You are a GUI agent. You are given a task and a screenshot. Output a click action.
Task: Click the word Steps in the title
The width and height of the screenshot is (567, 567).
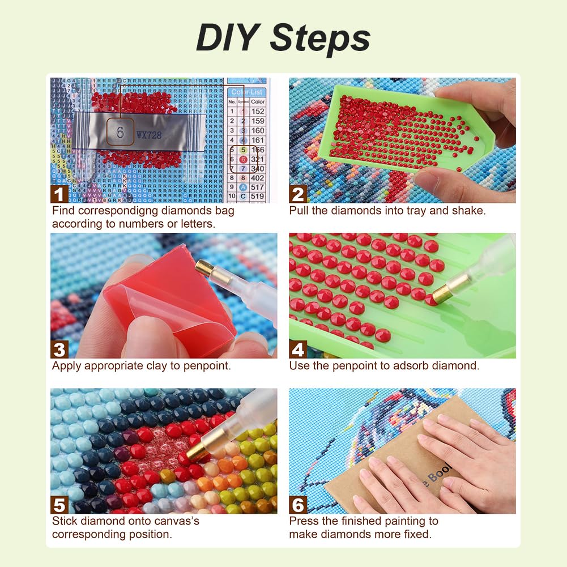click(x=320, y=38)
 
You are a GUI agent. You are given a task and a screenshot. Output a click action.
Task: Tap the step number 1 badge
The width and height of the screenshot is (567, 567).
click(x=59, y=194)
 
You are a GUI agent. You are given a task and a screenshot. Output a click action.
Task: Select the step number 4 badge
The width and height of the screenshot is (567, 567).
click(x=298, y=349)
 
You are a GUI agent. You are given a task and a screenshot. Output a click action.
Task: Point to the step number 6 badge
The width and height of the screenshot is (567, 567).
click(x=298, y=504)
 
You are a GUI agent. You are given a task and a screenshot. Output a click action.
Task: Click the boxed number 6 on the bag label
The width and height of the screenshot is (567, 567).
click(x=120, y=133)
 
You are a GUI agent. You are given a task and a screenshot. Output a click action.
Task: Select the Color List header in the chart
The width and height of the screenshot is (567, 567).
click(x=248, y=92)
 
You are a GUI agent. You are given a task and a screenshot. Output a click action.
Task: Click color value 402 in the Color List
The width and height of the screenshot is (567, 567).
click(x=258, y=177)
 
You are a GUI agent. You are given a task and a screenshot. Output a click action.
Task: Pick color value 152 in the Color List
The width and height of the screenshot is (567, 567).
click(x=258, y=112)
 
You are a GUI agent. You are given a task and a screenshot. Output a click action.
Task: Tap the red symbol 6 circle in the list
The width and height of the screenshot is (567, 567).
click(x=242, y=159)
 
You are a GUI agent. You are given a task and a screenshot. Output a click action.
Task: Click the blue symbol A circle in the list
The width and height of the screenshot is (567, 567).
click(x=242, y=187)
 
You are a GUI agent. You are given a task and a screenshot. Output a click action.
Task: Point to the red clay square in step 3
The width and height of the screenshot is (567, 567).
click(x=164, y=300)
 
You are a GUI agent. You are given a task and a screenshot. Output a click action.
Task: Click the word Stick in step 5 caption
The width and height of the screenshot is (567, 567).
click(x=64, y=521)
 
